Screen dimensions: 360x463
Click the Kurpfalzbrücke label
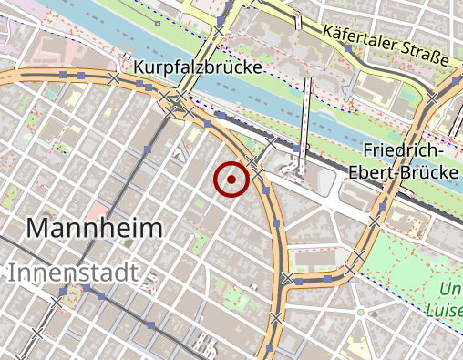pyautogui.click(x=197, y=67)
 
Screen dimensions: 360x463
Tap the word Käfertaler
pyautogui.click(x=362, y=43)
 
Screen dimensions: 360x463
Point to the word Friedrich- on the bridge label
pyautogui.click(x=403, y=150)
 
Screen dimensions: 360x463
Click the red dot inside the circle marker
pyautogui.click(x=231, y=180)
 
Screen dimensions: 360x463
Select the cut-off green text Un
pyautogui.click(x=451, y=290)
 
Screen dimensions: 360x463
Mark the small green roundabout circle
pyautogui.click(x=361, y=313)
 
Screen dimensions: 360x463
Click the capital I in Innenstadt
pyautogui.click(x=13, y=272)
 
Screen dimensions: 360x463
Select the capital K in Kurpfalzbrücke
pyautogui.click(x=139, y=67)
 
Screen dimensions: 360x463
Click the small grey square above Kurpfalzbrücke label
pyautogui.click(x=158, y=23)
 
